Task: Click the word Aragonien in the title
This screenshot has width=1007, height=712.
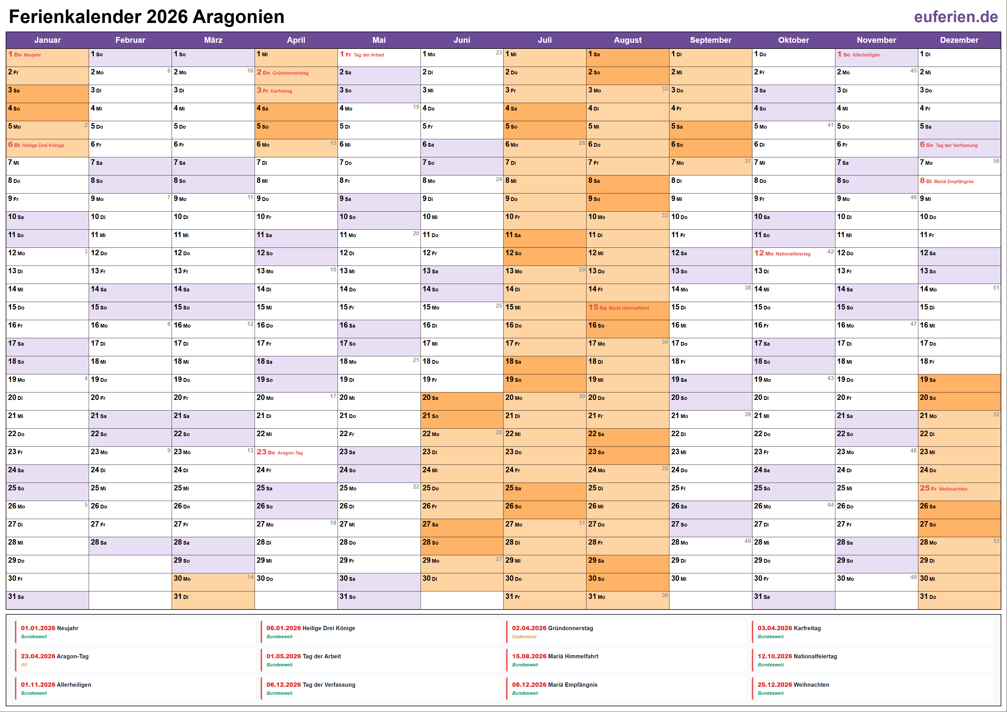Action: [238, 17]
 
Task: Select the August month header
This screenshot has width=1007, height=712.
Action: [627, 40]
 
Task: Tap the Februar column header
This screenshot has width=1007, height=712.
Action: [130, 40]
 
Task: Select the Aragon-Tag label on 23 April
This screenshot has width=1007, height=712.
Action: [290, 453]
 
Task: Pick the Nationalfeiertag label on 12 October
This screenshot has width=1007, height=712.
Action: [793, 254]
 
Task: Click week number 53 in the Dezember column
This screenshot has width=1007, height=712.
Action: [996, 541]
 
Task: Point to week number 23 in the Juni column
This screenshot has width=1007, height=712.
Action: [499, 53]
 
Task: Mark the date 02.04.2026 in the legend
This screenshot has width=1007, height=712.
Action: [529, 628]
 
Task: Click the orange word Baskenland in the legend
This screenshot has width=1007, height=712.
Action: [524, 636]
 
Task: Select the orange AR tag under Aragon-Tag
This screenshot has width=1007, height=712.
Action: [24, 665]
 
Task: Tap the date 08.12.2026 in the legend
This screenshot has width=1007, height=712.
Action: [529, 685]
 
